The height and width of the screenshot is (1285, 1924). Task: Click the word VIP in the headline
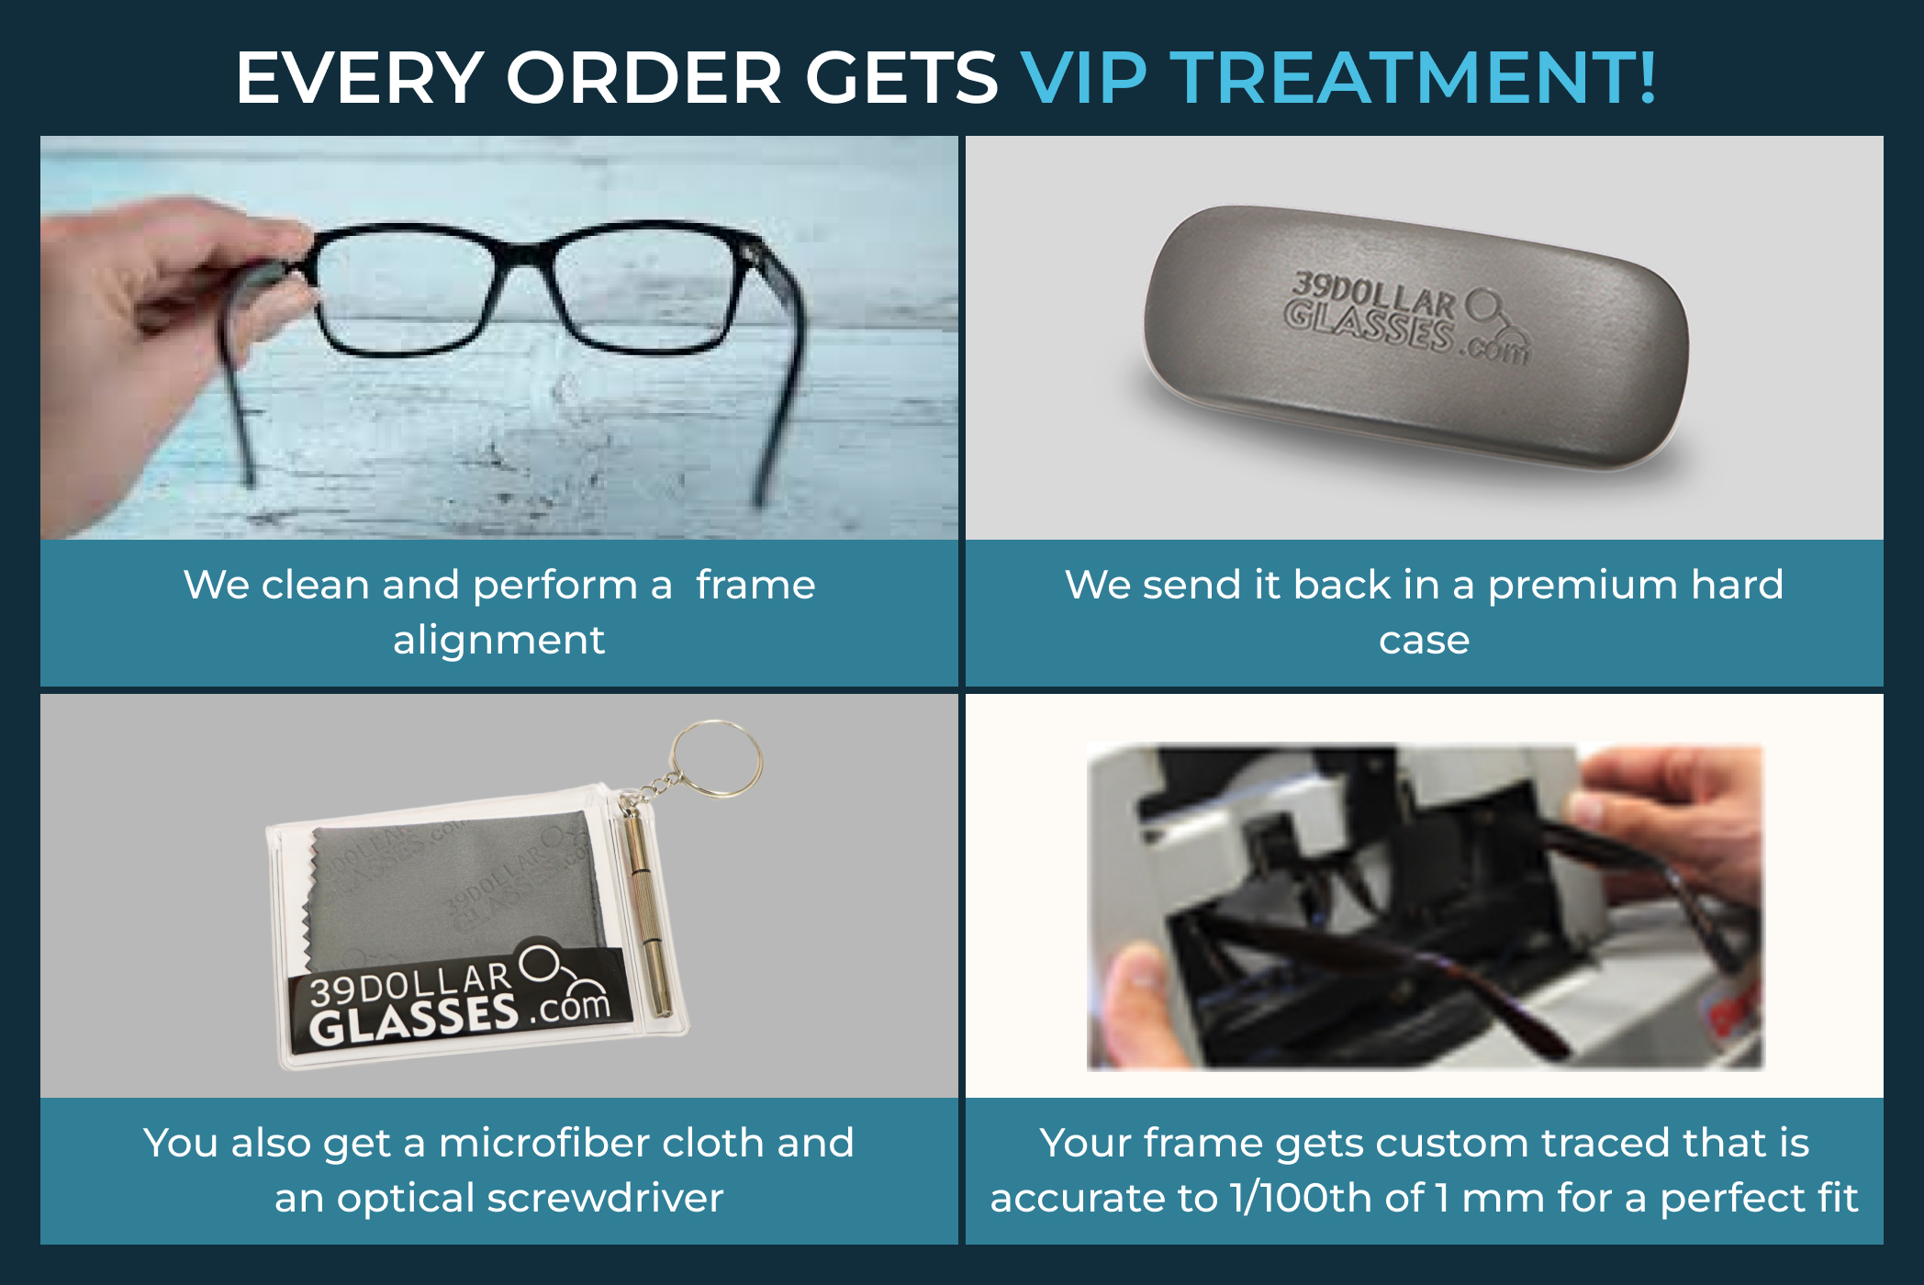(1083, 77)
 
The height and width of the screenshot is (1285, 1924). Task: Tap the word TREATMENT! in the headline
(1414, 77)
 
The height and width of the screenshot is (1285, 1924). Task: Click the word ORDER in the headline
(643, 77)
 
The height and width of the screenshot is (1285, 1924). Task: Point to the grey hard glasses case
(1414, 340)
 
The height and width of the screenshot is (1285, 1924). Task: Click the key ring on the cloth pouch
(715, 757)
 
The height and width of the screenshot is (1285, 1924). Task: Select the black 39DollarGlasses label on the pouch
(459, 1000)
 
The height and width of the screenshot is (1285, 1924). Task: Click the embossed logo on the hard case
(1404, 317)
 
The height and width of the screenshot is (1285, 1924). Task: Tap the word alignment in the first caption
(498, 640)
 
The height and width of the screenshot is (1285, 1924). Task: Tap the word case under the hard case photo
(1424, 640)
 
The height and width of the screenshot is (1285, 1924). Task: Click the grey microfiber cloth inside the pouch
(450, 881)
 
